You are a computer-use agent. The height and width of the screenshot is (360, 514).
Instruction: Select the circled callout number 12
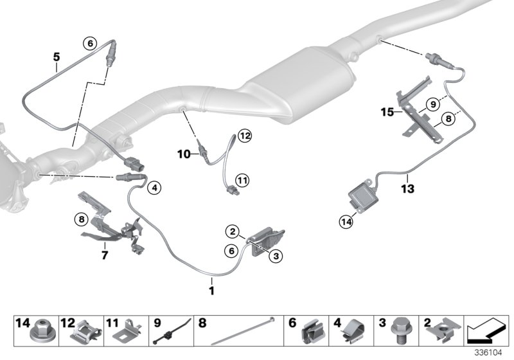pyautogui.click(x=244, y=135)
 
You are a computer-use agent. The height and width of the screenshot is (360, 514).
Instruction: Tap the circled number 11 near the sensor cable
pyautogui.click(x=242, y=181)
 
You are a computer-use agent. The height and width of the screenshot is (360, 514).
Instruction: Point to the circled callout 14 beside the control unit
pyautogui.click(x=347, y=222)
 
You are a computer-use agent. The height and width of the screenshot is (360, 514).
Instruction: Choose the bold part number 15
pyautogui.click(x=387, y=112)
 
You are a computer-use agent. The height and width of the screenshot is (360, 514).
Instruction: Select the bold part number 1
pyautogui.click(x=211, y=281)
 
